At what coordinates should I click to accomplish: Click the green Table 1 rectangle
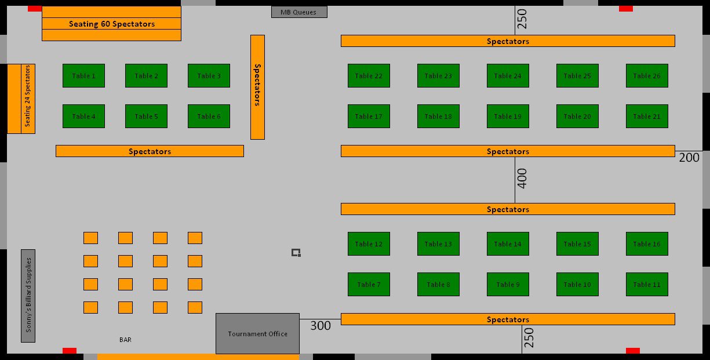(x=83, y=76)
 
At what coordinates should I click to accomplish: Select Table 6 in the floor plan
(x=209, y=117)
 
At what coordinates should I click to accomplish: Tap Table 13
(x=438, y=243)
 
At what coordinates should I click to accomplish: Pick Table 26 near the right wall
(x=647, y=76)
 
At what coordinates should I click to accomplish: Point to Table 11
(x=647, y=284)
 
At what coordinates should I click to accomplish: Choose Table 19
(x=508, y=117)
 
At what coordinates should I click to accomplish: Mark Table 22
(x=369, y=76)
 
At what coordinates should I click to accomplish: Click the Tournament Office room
(x=257, y=333)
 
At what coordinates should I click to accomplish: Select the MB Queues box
(x=299, y=12)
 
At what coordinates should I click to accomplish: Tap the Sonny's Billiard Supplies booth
(x=28, y=296)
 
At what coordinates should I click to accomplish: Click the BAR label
(x=125, y=340)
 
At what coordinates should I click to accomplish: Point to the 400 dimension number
(x=522, y=179)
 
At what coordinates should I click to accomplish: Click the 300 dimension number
(x=321, y=326)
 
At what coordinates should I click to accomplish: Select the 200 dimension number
(x=689, y=158)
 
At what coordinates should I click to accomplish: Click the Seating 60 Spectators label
(x=112, y=24)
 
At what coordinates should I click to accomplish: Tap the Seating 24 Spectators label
(x=28, y=96)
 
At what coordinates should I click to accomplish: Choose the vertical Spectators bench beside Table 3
(x=257, y=87)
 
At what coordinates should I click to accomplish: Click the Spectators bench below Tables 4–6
(x=150, y=151)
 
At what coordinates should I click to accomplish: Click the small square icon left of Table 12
(x=296, y=253)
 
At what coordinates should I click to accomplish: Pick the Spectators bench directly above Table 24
(x=508, y=41)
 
